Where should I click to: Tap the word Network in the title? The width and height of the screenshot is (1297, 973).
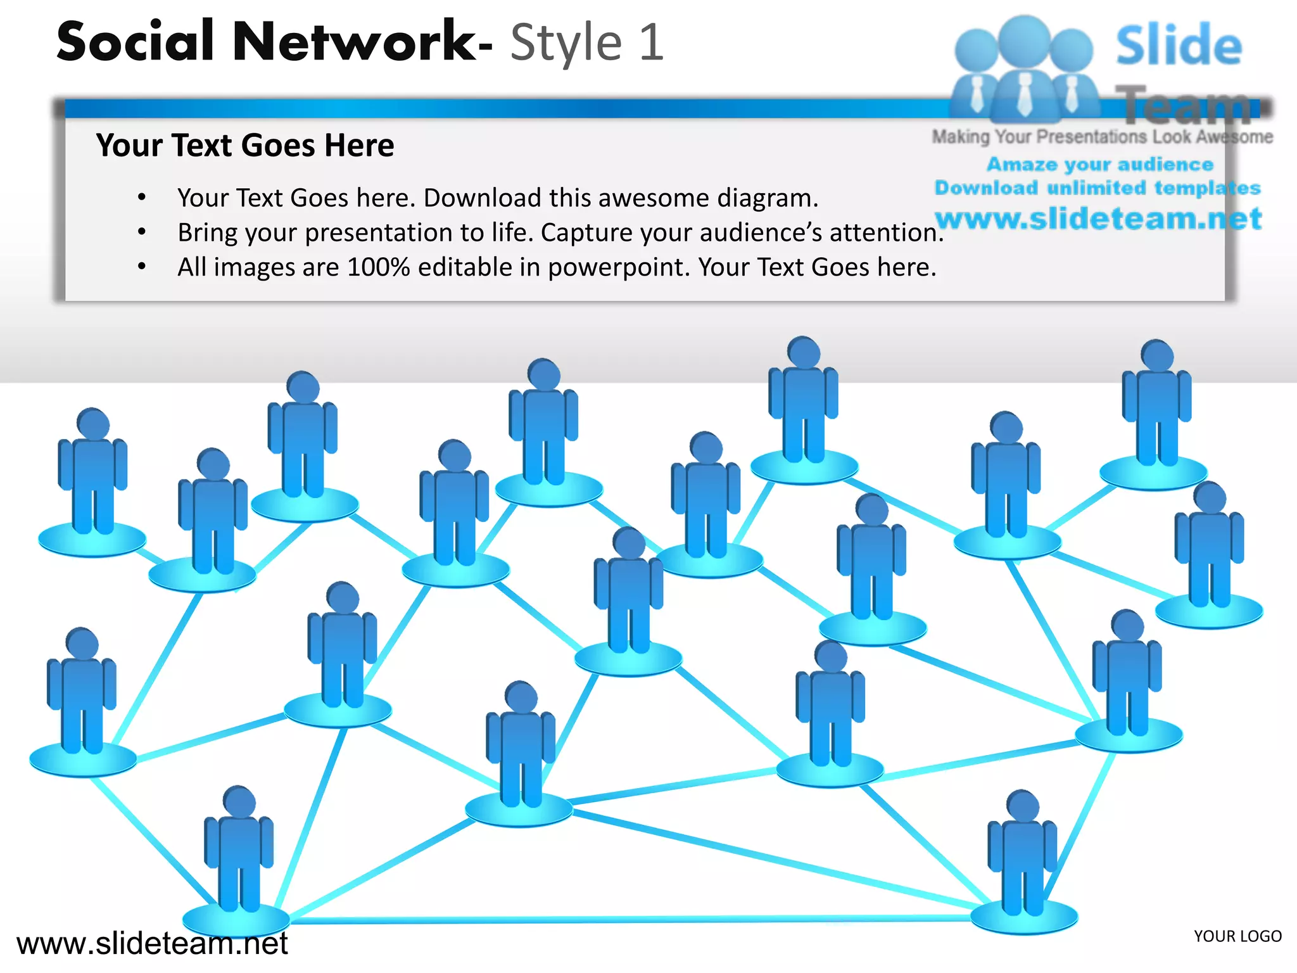(355, 42)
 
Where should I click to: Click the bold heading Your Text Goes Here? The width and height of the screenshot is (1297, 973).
(244, 145)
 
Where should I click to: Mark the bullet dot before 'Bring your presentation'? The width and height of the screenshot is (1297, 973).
(142, 232)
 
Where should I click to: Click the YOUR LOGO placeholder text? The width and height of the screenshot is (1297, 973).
(1237, 936)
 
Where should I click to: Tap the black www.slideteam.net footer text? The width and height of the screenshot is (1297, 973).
(152, 944)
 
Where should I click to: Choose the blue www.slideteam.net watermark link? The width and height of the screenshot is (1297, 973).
(1098, 219)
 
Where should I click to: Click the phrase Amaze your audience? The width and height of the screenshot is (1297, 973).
(1100, 165)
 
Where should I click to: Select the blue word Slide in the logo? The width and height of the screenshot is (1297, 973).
(1179, 46)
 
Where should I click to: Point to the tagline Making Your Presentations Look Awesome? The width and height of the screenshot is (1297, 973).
(1102, 137)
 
